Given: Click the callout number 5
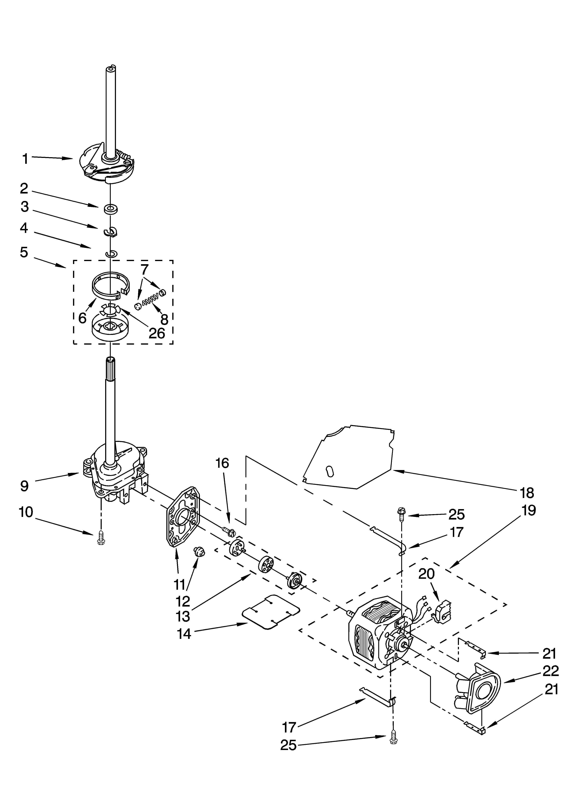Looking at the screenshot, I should pos(24,252).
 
